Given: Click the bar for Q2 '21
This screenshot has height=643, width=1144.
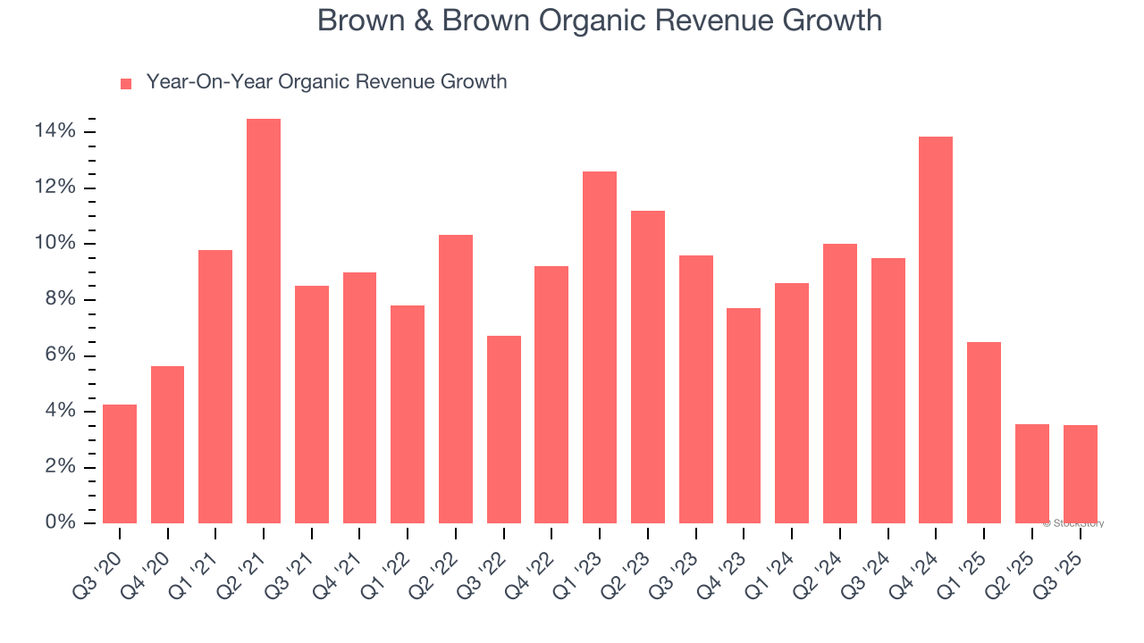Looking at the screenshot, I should [x=264, y=321].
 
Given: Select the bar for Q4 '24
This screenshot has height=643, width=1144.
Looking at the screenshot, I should [x=936, y=330].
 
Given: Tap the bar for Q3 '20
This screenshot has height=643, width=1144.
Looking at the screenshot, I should [x=120, y=463].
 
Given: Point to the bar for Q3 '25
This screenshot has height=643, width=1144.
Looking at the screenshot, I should [x=1080, y=473].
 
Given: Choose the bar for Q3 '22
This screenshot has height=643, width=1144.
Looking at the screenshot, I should [x=504, y=429].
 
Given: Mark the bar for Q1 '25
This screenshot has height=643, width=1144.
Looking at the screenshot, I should [x=984, y=432].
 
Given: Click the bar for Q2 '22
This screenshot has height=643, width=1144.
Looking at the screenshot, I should [x=456, y=379].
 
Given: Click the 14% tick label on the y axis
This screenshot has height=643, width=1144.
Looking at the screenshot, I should [x=55, y=132].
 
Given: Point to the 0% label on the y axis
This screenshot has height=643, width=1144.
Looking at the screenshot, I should [x=60, y=522].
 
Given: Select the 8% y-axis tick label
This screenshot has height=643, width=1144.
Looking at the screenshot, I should [x=60, y=299].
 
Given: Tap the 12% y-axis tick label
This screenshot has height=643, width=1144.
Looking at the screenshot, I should [x=55, y=188].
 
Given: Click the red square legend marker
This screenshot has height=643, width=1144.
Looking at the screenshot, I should [x=126, y=84].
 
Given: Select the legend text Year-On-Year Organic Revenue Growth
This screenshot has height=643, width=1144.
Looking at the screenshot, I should [x=326, y=82].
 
